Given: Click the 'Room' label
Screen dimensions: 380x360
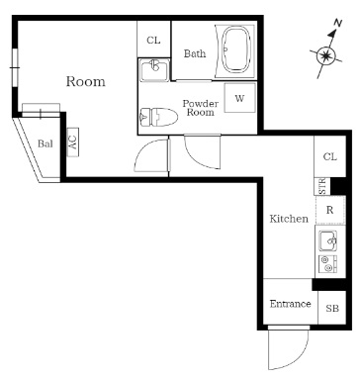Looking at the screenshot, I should click(x=85, y=82).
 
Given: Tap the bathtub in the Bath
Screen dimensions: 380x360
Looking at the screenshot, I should click(x=238, y=49).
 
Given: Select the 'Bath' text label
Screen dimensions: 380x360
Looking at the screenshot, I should click(x=194, y=53).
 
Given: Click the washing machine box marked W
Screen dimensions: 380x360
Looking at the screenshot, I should click(x=239, y=98).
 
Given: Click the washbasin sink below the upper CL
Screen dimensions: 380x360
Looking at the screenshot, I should click(x=153, y=70).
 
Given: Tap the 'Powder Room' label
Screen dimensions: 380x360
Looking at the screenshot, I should click(x=200, y=108).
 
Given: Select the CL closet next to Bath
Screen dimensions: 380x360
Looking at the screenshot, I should click(x=153, y=40).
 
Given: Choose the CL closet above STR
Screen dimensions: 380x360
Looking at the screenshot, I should click(x=329, y=157).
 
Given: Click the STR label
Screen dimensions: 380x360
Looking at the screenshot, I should click(x=322, y=186).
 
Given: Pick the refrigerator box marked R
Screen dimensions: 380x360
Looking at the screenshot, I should click(x=329, y=211).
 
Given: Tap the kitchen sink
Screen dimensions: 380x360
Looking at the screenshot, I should click(x=328, y=240).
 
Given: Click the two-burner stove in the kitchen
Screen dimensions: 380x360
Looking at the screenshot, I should click(x=328, y=263).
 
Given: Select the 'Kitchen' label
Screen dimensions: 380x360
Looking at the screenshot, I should click(x=289, y=219).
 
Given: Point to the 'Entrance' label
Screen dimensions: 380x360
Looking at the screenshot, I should click(x=290, y=304).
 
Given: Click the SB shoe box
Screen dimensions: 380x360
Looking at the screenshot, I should click(x=331, y=308).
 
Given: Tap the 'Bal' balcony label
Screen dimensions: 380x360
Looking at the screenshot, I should click(x=45, y=143).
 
